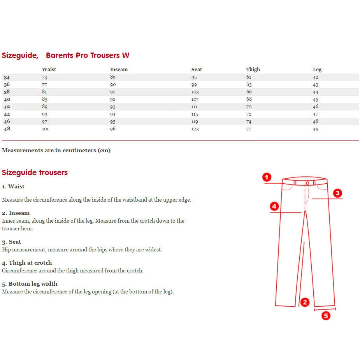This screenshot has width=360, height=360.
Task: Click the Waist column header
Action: [49, 69]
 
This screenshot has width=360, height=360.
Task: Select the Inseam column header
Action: [119, 69]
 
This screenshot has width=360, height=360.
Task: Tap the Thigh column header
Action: [253, 69]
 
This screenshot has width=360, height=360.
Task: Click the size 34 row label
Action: [7, 77]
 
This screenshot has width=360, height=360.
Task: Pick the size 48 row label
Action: [7, 129]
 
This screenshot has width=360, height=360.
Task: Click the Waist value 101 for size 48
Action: [45, 129]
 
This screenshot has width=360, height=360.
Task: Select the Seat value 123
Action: [195, 129]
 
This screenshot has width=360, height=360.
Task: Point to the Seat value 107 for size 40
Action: [195, 99]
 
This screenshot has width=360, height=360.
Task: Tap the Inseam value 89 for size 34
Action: [113, 77]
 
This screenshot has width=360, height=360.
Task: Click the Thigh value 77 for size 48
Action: [249, 129]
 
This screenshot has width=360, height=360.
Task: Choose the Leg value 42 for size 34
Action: [316, 77]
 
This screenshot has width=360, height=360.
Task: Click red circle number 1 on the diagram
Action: [267, 177]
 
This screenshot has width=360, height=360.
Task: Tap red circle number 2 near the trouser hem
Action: [305, 302]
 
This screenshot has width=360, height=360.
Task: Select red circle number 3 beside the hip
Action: [337, 193]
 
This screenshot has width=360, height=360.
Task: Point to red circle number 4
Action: [274, 206]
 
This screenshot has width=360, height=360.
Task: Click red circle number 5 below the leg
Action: [326, 316]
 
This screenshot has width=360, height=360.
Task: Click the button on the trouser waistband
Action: [307, 183]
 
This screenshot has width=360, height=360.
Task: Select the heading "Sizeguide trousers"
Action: [35, 172]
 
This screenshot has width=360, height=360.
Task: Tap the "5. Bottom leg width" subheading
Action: [30, 284]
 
